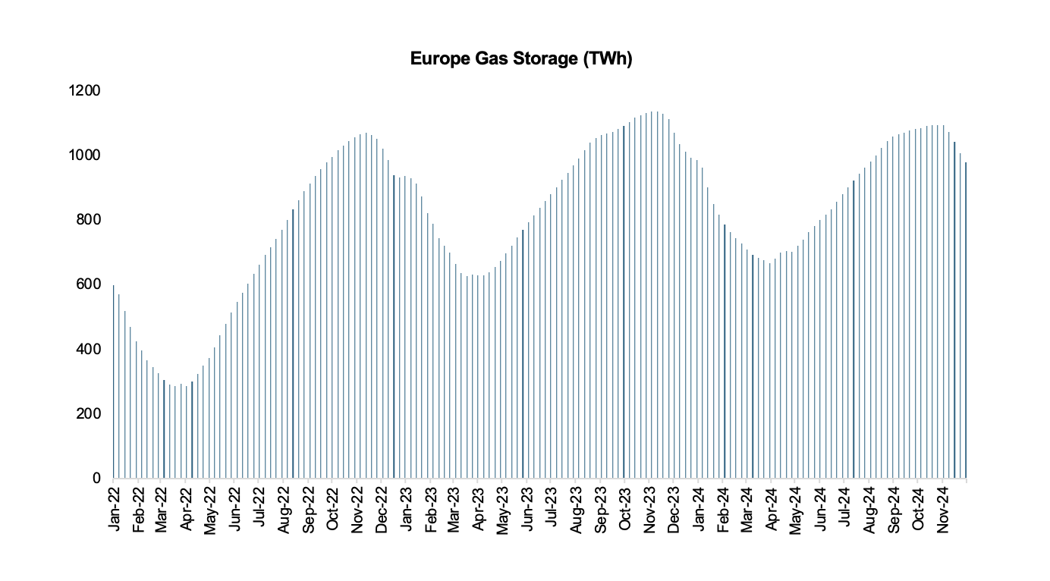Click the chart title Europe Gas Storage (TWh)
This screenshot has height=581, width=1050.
point(521,59)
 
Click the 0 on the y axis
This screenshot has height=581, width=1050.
point(96,479)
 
